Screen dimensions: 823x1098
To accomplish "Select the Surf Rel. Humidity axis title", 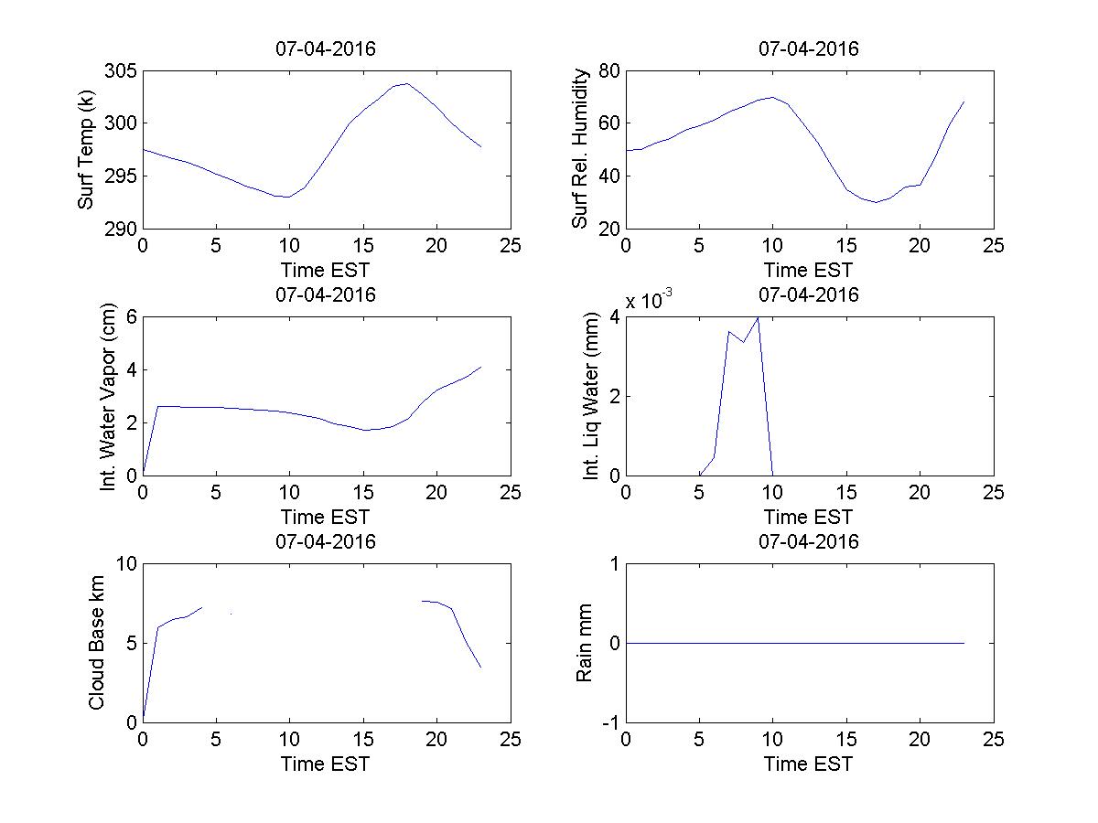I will (579, 149).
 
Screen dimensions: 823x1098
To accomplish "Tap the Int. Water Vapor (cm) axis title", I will (110, 396).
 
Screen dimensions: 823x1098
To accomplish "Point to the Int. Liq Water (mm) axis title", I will (591, 396).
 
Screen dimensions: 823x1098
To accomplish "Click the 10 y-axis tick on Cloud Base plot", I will (126, 564).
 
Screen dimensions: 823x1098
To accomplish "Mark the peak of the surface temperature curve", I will (407, 83).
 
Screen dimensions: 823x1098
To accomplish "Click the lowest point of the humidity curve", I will (876, 202).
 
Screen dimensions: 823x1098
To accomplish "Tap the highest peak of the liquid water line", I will (758, 317).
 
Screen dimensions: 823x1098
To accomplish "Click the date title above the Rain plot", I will (809, 541).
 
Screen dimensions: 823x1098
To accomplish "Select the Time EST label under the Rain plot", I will (809, 764).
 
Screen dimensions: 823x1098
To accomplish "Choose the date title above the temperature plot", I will (326, 49).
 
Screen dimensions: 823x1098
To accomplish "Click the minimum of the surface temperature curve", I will (289, 197).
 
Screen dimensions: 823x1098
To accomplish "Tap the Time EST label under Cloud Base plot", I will (326, 764).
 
